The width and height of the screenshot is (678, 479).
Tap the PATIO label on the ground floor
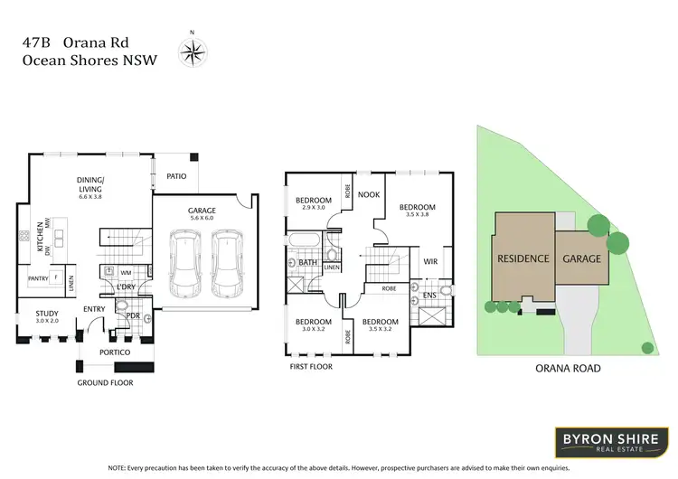[x=176, y=176]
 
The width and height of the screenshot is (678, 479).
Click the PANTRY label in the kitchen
[x=38, y=278]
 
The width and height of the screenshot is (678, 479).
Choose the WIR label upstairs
[x=430, y=261]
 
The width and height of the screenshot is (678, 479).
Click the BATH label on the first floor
[x=307, y=263]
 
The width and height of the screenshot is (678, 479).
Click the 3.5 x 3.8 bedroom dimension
[x=418, y=214]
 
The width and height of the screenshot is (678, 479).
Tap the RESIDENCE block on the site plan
[x=523, y=258]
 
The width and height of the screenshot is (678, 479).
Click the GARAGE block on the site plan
[x=581, y=258]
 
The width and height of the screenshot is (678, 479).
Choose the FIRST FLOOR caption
[x=310, y=366]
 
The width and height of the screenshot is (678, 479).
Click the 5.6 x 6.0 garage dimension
[x=202, y=218]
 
